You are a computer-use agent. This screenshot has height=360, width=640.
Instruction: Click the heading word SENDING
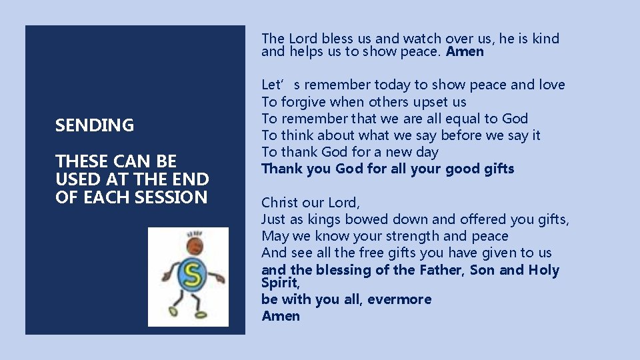coord(95,125)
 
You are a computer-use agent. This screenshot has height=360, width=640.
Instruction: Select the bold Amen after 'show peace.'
coord(465,51)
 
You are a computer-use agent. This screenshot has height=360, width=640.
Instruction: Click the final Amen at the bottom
coord(281,316)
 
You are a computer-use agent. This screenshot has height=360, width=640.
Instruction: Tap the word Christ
coord(280,202)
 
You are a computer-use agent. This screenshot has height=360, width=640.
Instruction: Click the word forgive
coord(303,102)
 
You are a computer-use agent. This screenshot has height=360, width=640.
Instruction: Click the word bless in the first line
coord(323,39)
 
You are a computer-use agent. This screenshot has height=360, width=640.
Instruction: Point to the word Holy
coord(544,270)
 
